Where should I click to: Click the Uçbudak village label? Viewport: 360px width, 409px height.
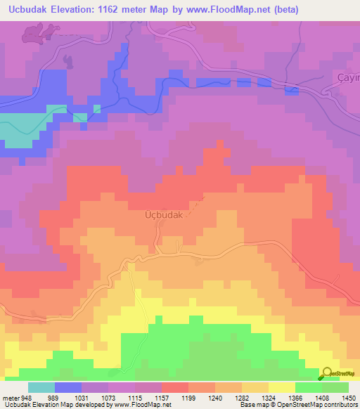point(163,216)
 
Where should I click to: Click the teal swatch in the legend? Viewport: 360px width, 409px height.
point(41,387)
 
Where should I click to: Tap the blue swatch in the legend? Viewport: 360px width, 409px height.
point(68,387)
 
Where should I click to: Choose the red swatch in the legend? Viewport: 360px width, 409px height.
point(175,387)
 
